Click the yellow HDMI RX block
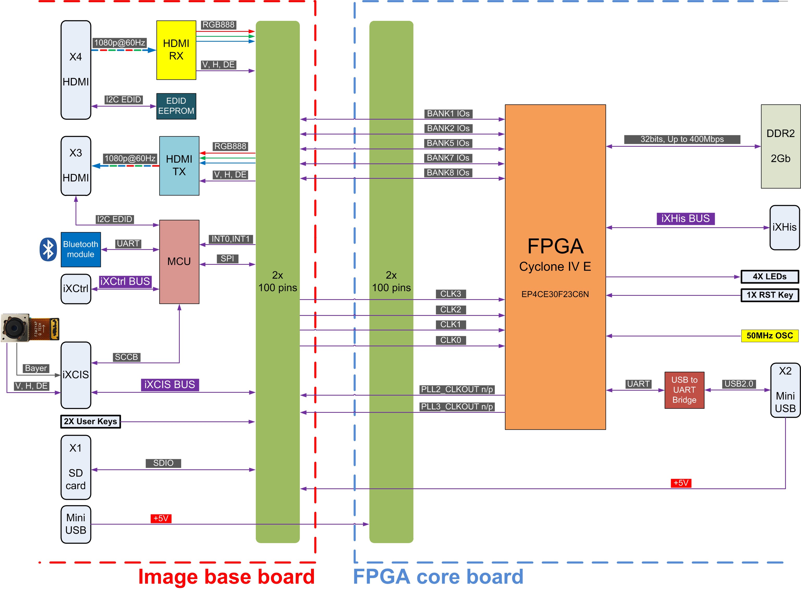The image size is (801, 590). click(176, 50)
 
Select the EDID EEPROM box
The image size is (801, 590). click(176, 106)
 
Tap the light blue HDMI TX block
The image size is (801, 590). click(179, 166)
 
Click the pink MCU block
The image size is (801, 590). click(179, 262)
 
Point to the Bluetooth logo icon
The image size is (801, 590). click(48, 249)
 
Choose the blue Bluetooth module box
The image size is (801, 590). click(81, 249)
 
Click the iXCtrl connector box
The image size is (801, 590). click(76, 289)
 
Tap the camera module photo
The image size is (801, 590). click(30, 328)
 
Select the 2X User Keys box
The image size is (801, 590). click(91, 421)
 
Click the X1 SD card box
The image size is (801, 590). click(76, 467)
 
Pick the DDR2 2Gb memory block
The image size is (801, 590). click(781, 146)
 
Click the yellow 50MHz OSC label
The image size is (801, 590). click(769, 336)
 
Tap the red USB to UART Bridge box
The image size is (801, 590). click(684, 390)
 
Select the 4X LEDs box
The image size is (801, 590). click(769, 276)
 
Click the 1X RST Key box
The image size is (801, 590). click(769, 295)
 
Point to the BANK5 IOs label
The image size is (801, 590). click(448, 143)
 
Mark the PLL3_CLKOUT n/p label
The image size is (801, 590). click(457, 407)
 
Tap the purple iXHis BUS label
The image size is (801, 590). click(686, 219)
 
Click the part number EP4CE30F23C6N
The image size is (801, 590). click(555, 294)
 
